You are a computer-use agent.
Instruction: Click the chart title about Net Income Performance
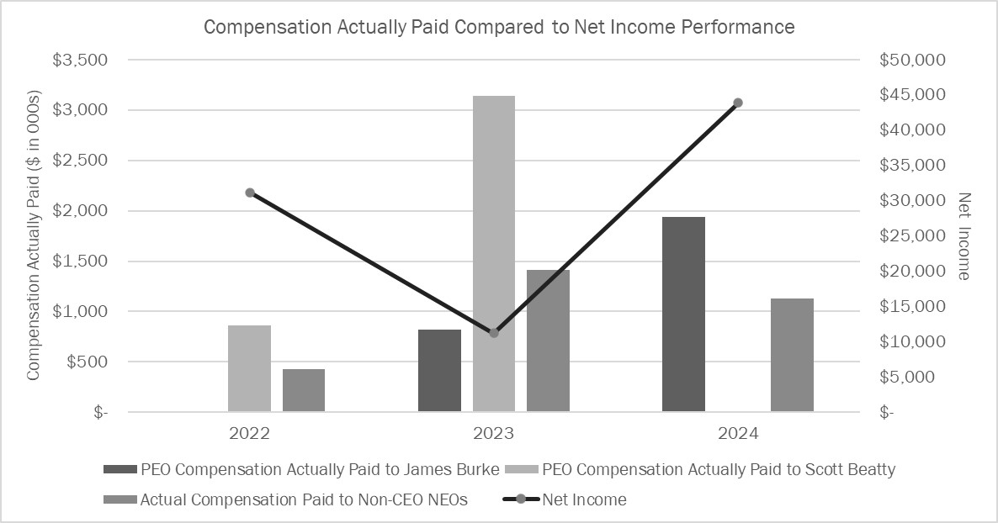(x=499, y=27)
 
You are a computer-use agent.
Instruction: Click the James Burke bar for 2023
(x=439, y=371)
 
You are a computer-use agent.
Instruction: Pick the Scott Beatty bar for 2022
(x=249, y=368)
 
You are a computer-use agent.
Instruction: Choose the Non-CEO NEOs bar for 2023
(x=548, y=341)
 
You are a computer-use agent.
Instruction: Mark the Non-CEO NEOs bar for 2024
(x=792, y=355)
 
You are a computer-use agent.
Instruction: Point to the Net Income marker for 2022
(x=250, y=193)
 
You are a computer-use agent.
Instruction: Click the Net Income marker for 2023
(x=494, y=333)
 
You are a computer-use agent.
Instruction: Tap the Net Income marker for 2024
(x=738, y=103)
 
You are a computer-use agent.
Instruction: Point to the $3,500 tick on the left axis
(x=81, y=60)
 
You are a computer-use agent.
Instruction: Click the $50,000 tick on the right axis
(x=912, y=60)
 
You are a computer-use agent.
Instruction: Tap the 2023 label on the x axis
(x=494, y=434)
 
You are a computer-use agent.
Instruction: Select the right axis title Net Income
(x=964, y=236)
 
